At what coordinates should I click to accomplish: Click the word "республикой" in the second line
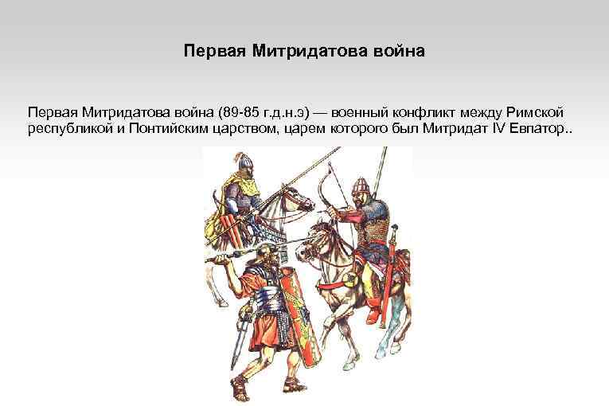pyautogui.click(x=65, y=129)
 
